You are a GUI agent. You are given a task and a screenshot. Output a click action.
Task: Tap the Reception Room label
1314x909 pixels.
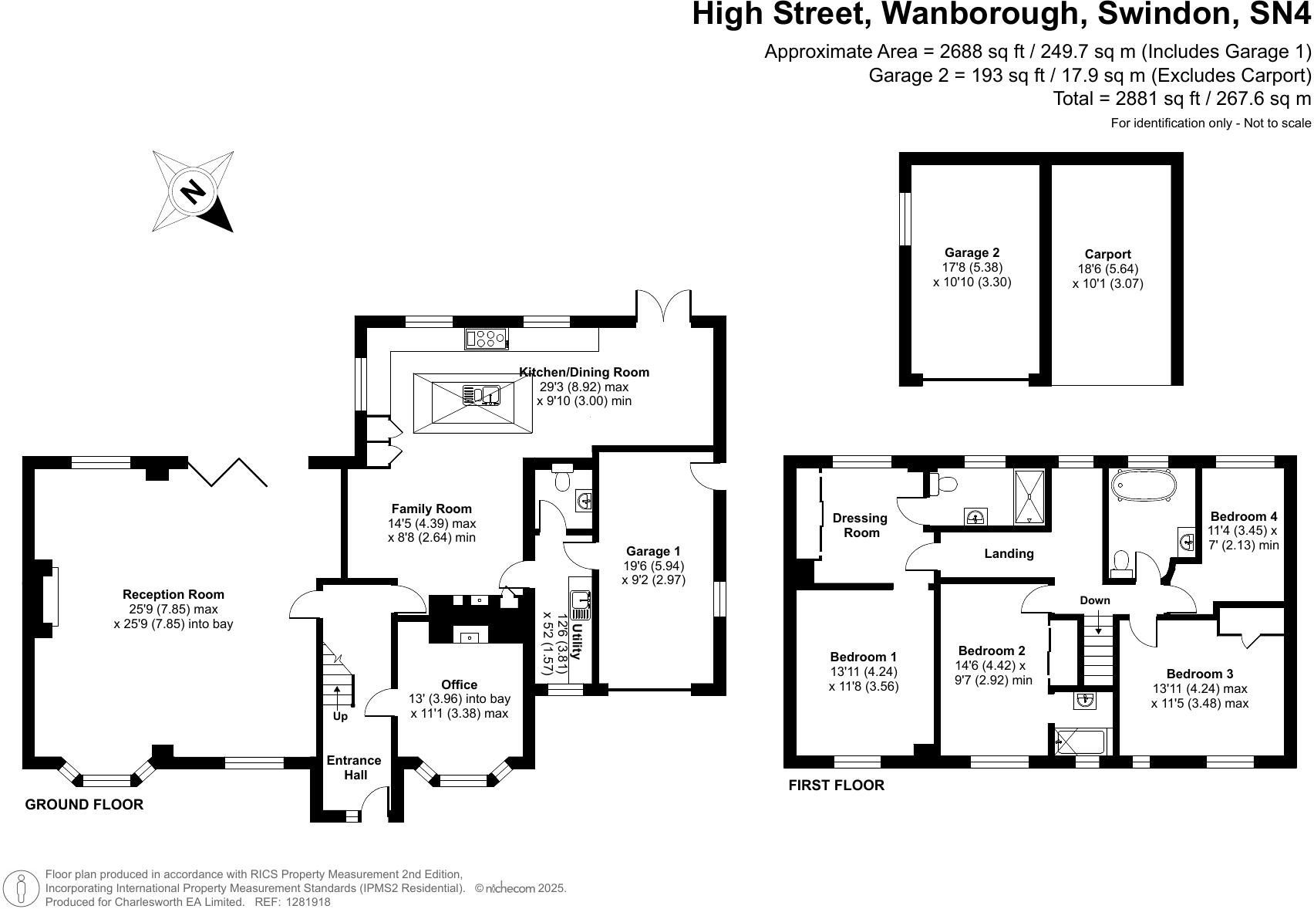tap(174, 594)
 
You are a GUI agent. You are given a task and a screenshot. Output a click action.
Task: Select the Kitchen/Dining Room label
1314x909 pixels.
tap(584, 372)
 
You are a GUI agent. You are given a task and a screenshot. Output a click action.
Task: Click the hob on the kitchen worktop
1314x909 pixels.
tap(485, 338)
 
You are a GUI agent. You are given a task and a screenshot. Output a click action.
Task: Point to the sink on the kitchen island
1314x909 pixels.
tap(482, 395)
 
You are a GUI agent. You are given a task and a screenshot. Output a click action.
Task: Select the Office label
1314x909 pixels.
tap(459, 684)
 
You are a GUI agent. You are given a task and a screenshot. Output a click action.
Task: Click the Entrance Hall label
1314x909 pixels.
tap(354, 768)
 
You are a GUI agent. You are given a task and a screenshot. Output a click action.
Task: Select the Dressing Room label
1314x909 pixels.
tap(861, 525)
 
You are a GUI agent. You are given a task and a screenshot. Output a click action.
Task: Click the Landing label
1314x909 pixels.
tap(1009, 553)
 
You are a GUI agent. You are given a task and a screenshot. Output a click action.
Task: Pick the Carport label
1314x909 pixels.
tap(1107, 254)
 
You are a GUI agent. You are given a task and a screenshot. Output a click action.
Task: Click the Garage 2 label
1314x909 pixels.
tap(972, 252)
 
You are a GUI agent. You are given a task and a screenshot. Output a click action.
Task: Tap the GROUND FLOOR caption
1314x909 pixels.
tap(84, 805)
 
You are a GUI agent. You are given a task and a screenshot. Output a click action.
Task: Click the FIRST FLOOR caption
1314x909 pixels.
tap(836, 786)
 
